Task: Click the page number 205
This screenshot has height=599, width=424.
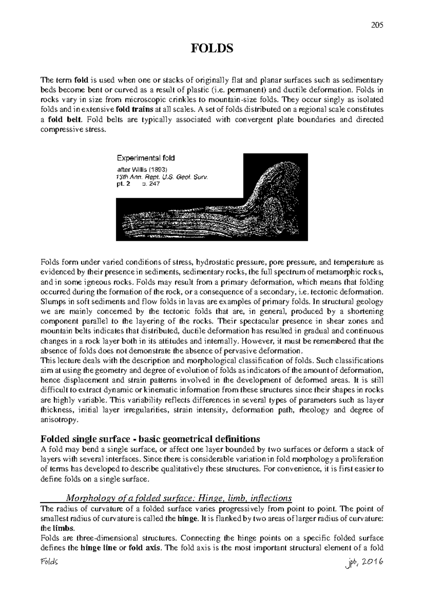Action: click(377, 25)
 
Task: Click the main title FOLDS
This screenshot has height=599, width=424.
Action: click(212, 48)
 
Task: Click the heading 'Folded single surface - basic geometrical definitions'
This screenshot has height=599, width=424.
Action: click(151, 439)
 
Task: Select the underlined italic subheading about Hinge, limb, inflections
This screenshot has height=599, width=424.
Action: click(179, 498)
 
